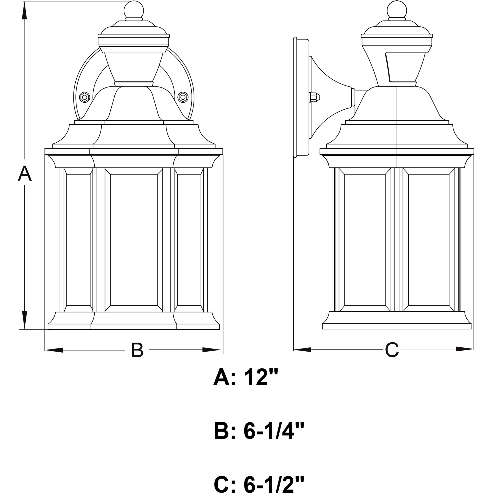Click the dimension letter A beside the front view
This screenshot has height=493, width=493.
tap(25, 174)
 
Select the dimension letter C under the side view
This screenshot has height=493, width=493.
tap(392, 350)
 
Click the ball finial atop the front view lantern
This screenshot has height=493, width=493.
tap(134, 10)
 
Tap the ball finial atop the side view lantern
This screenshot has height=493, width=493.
tap(397, 10)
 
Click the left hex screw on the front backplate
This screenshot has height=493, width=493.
tap(84, 97)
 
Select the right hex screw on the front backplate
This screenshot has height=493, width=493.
tap(183, 97)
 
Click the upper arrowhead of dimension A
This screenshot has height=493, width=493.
tap(24, 11)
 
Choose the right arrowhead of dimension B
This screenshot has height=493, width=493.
tap(211, 350)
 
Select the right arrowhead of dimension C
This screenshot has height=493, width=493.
tap(464, 349)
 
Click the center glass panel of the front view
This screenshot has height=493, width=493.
tap(134, 240)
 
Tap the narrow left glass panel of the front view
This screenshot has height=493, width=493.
tap(78, 240)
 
